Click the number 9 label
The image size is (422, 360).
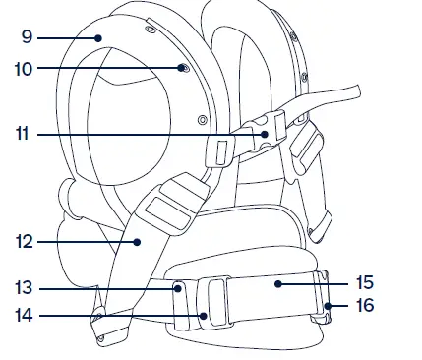[27, 38]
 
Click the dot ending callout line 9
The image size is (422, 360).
[99, 38]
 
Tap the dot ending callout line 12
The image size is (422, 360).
[138, 240]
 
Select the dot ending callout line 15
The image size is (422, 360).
[279, 284]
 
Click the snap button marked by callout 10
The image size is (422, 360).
[184, 68]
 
